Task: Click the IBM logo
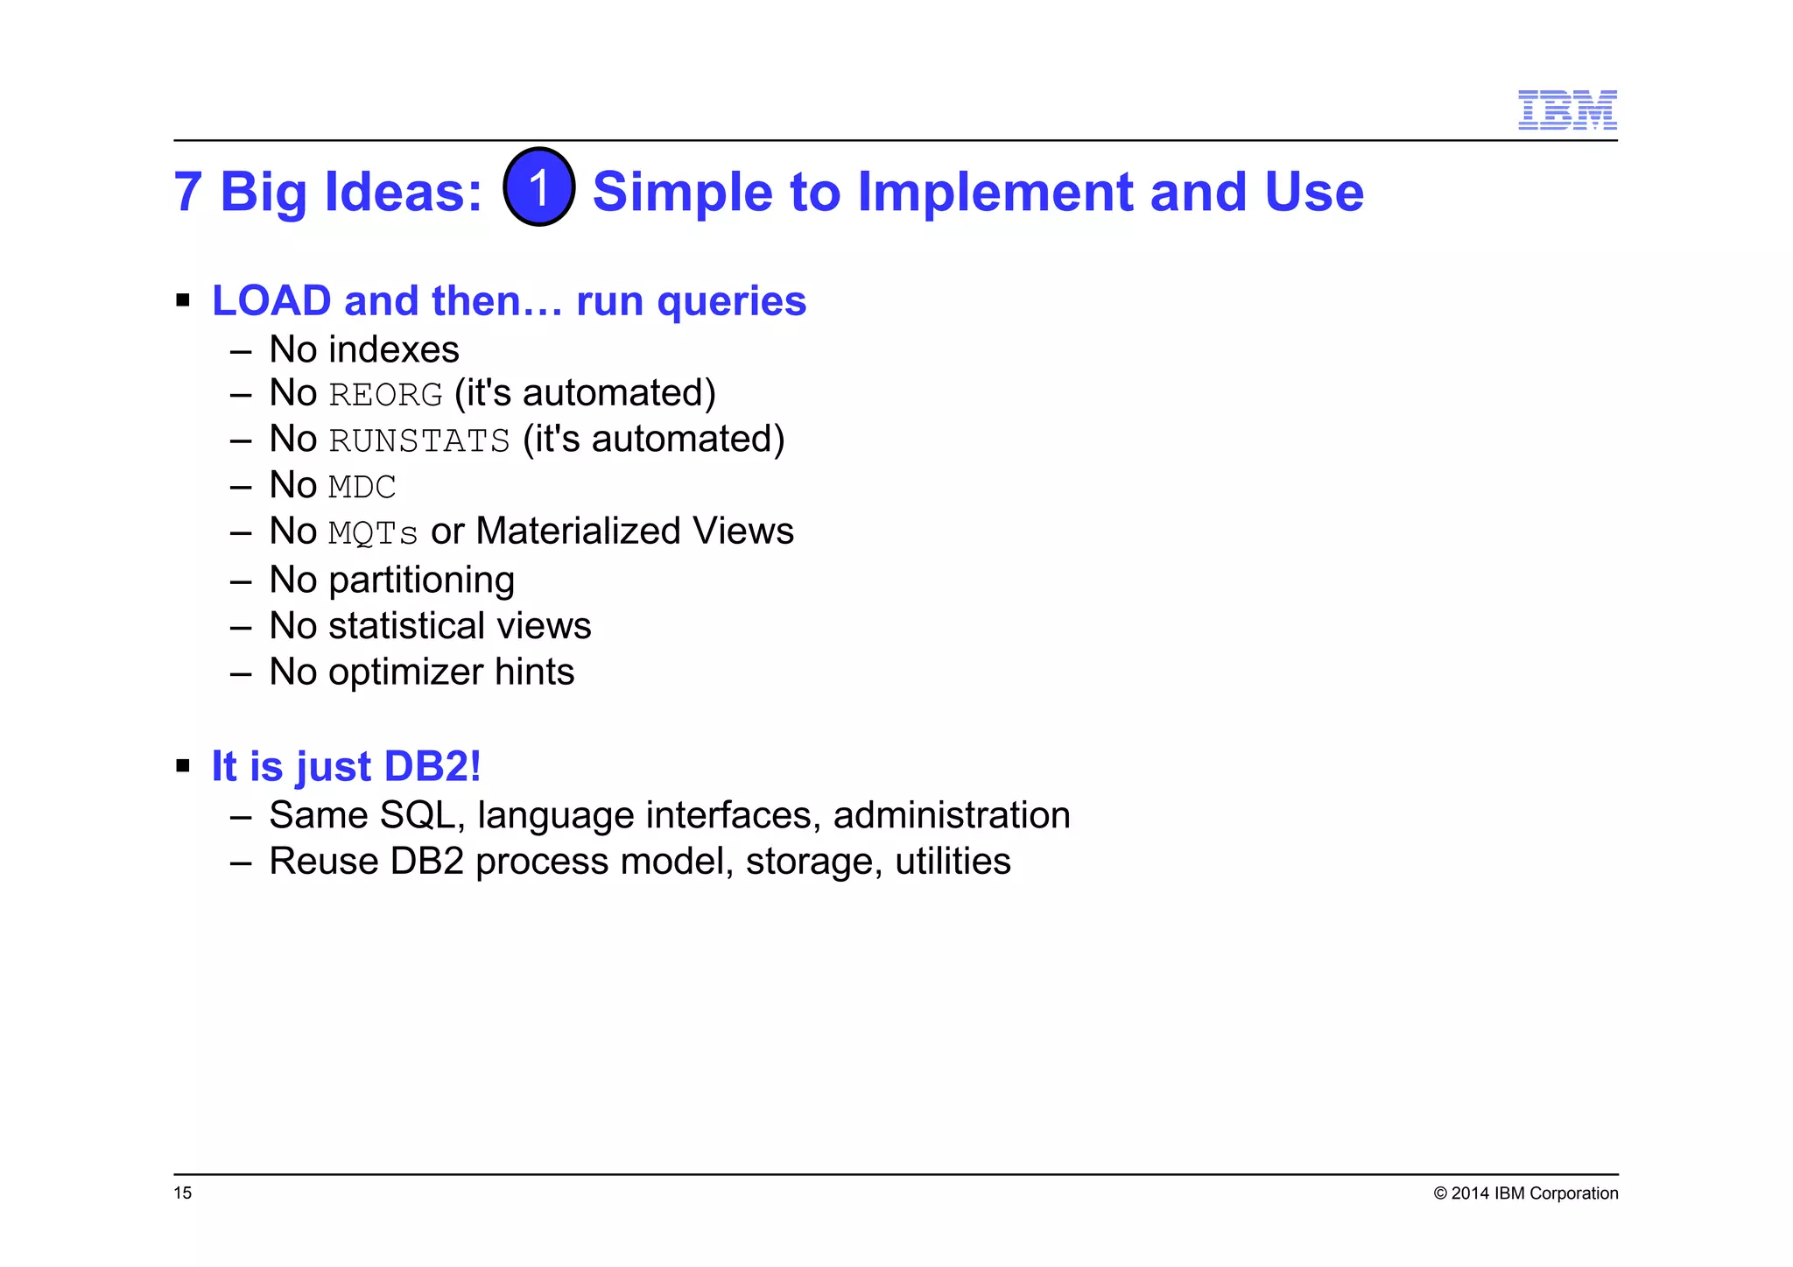(1566, 109)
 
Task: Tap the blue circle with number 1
(539, 187)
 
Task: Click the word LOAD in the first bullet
(271, 301)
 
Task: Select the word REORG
(386, 395)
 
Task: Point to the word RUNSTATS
(419, 440)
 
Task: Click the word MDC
(362, 487)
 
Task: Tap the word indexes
(393, 349)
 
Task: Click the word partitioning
(421, 581)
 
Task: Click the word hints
(534, 672)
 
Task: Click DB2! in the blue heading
(432, 766)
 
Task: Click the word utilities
(953, 862)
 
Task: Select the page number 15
(182, 1193)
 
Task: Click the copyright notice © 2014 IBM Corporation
(1525, 1193)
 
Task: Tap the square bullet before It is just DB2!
(183, 766)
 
